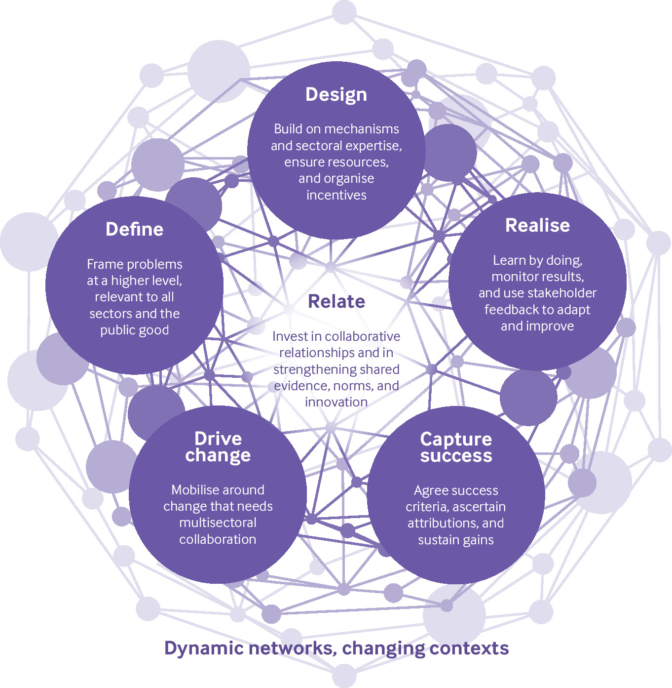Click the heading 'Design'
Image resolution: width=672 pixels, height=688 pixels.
point(336,94)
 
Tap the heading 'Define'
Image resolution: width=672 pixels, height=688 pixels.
point(134,229)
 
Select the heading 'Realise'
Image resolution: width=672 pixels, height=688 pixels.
point(537,225)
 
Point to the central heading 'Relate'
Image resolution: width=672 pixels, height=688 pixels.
point(336,301)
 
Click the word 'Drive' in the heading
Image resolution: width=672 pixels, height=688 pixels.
point(218,438)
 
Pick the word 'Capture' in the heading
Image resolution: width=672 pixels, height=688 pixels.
point(456,439)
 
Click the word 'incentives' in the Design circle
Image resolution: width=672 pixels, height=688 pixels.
point(336,195)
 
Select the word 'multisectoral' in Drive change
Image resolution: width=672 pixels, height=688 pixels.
point(218,523)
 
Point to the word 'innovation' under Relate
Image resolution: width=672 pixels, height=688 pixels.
point(336,402)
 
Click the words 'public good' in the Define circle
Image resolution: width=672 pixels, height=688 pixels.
point(134,330)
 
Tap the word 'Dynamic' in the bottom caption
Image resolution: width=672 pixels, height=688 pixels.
point(199,648)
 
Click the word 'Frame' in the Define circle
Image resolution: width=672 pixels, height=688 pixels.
point(104,264)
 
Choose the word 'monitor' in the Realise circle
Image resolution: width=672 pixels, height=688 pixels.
point(513,277)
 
